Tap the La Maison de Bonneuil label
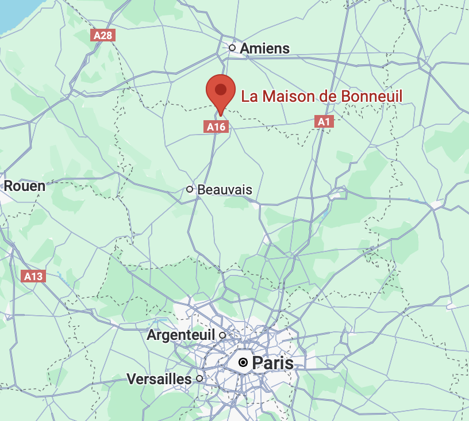(321, 96)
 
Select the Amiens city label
(264, 48)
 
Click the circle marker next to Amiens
(232, 48)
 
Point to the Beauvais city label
(224, 189)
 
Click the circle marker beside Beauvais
(190, 189)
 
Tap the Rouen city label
(24, 185)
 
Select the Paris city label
(272, 363)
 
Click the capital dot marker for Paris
(244, 362)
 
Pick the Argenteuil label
(180, 335)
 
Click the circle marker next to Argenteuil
(222, 335)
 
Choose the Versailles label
(159, 379)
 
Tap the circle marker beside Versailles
(199, 378)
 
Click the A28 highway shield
(103, 36)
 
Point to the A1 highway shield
(324, 121)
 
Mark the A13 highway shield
(33, 277)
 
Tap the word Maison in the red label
(285, 96)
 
